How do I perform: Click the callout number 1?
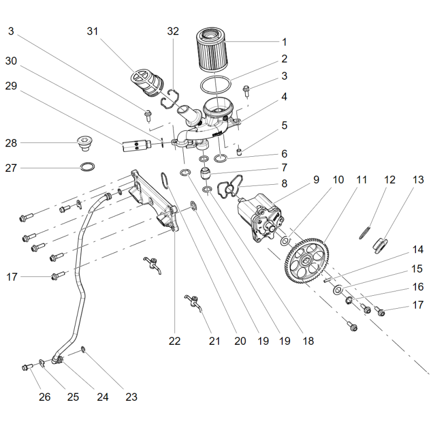tap(284, 42)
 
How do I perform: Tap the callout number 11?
tap(362, 180)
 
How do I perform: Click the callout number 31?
tap(93, 31)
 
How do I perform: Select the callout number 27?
tap(11, 168)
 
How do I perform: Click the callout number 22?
tap(175, 341)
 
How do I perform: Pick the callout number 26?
tap(45, 397)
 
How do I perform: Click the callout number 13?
tap(418, 180)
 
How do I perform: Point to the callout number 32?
tap(173, 31)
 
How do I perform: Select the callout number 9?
tap(316, 180)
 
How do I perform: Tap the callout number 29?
tap(11, 86)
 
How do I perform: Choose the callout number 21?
tap(215, 341)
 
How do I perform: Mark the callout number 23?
tap(131, 397)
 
